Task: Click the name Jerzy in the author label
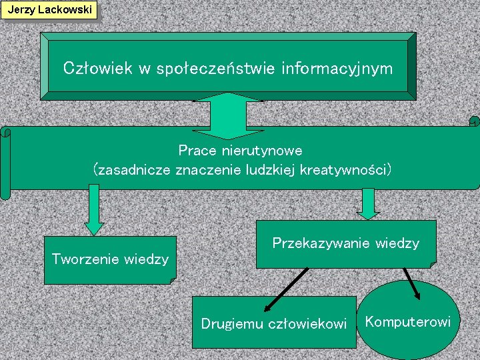click(x=19, y=10)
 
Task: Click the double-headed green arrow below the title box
click(x=229, y=113)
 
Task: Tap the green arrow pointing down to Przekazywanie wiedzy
click(x=368, y=204)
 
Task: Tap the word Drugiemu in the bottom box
click(x=231, y=324)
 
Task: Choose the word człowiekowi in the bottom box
click(x=307, y=324)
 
